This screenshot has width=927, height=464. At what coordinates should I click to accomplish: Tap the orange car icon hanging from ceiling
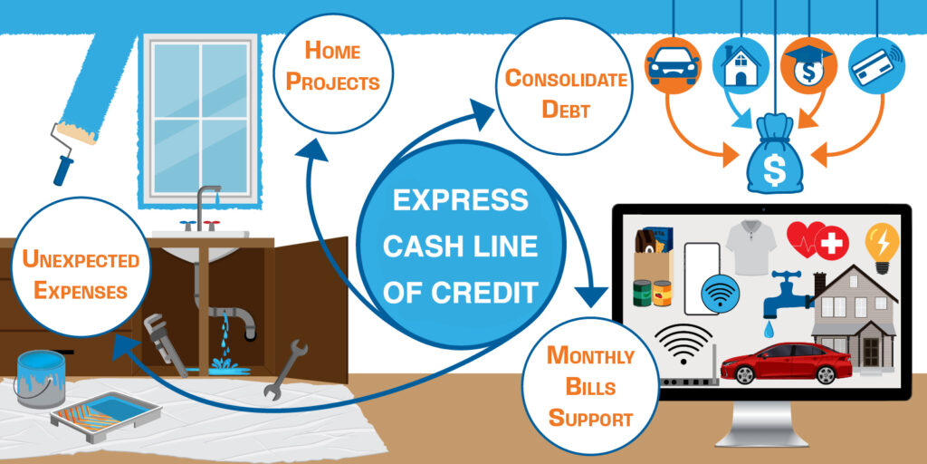[x=672, y=66]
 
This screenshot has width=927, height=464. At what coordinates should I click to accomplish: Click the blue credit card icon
[x=875, y=66]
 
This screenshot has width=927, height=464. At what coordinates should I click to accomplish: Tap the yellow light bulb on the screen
[x=883, y=244]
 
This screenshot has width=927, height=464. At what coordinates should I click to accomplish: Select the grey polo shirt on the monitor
[x=747, y=246]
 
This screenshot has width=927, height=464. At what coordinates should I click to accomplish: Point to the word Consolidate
[x=566, y=79]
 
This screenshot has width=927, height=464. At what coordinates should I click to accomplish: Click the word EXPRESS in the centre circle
[x=461, y=199]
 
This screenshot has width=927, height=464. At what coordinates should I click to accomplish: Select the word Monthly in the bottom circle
[x=590, y=355]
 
